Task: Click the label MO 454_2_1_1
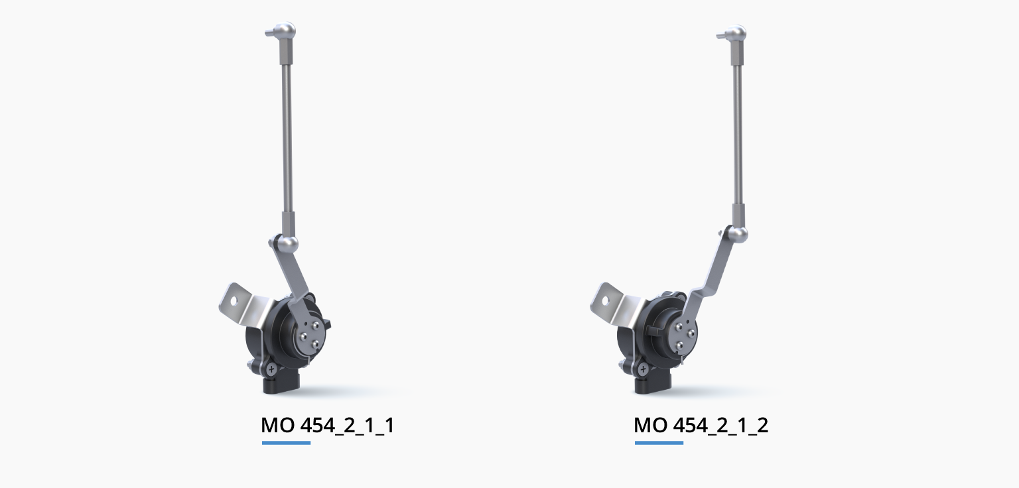[328, 426]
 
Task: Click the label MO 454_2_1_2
[701, 426]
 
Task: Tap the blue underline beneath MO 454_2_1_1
[286, 442]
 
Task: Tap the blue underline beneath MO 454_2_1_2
[659, 442]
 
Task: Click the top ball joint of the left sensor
[286, 30]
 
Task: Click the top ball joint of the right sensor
[736, 34]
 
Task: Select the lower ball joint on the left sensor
[288, 243]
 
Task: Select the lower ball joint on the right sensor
[738, 234]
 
